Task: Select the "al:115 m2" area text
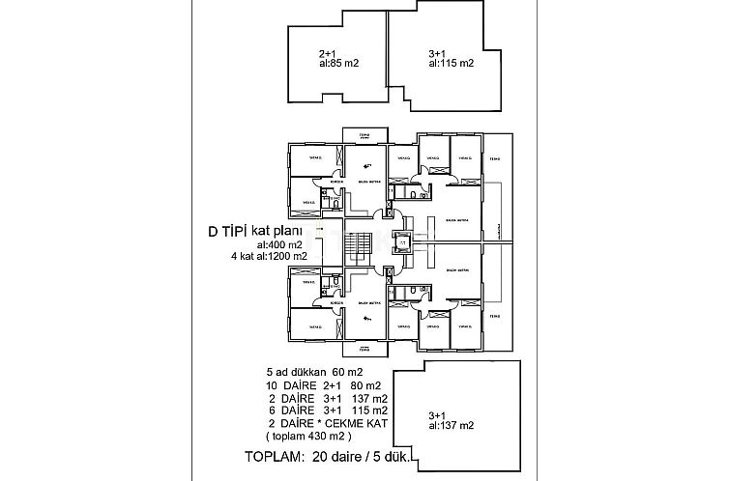(451, 65)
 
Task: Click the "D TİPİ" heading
(228, 232)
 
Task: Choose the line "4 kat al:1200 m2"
(270, 257)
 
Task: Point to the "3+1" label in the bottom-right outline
(438, 412)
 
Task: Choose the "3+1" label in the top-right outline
(437, 54)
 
